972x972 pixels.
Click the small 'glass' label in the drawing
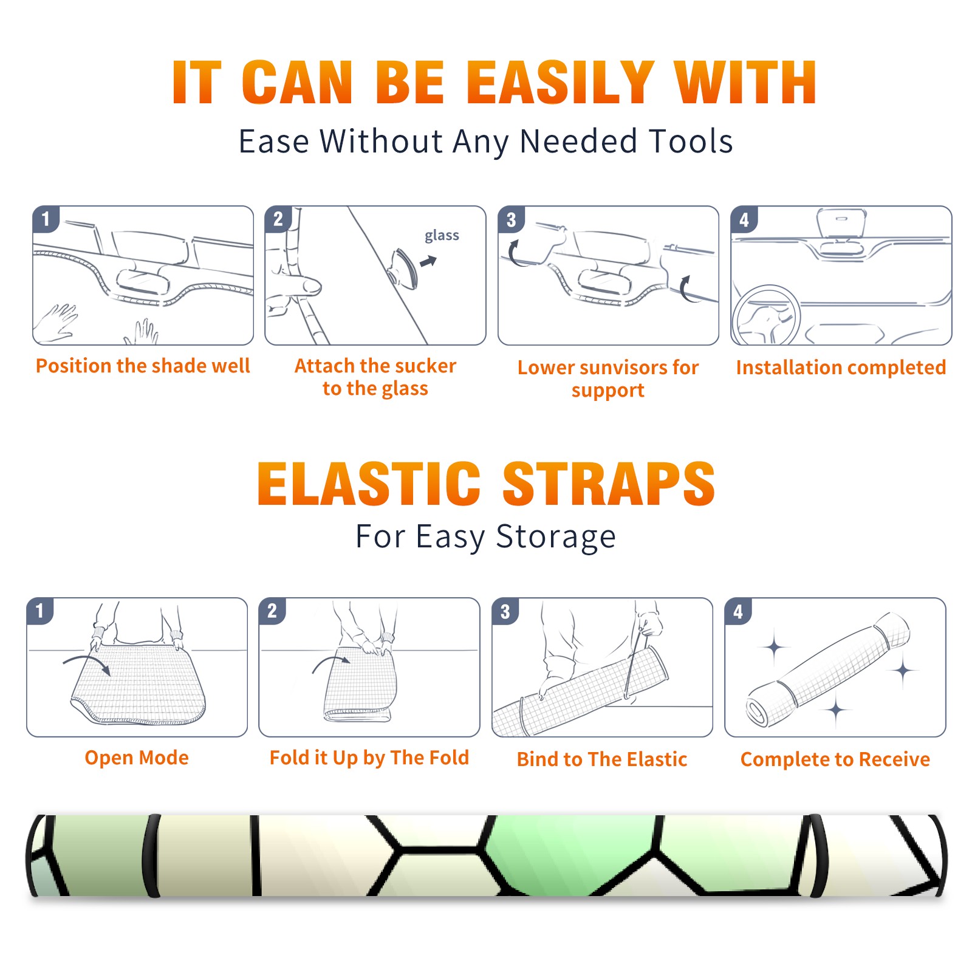pos(442,236)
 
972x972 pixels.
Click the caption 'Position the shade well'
pos(143,366)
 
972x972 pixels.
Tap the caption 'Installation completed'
pos(841,368)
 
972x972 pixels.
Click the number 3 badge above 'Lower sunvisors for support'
pos(511,220)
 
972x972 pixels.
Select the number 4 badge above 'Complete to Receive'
pos(738,611)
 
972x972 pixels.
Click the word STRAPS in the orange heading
pos(609,484)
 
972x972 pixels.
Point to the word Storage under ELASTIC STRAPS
pos(556,538)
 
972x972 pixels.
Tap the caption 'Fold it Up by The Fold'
pos(369,758)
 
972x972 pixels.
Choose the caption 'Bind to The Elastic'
pos(602,759)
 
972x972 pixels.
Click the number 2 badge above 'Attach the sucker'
pos(278,219)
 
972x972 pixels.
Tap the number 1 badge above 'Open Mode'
pos(40,611)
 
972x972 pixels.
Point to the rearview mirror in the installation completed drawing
pos(841,223)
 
